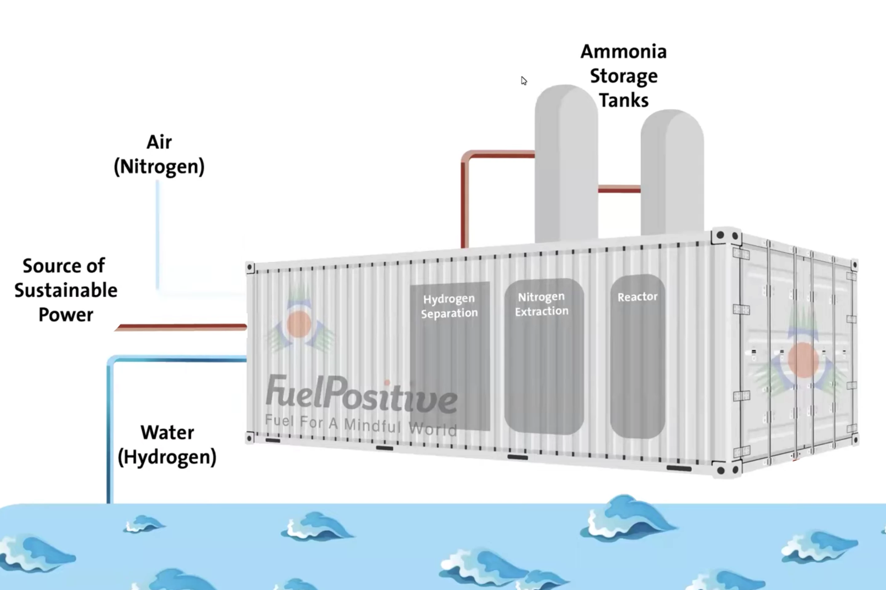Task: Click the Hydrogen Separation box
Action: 449,356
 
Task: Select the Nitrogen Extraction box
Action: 544,356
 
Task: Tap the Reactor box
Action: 637,356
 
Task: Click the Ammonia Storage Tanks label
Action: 624,76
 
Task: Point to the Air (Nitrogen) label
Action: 159,154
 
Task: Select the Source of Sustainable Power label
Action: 66,290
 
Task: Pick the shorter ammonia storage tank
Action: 672,173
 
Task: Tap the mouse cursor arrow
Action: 524,81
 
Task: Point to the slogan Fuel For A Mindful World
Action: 361,425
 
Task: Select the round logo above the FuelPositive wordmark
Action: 299,324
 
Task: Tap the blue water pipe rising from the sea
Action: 110,433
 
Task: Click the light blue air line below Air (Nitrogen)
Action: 158,233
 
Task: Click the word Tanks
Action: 624,100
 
